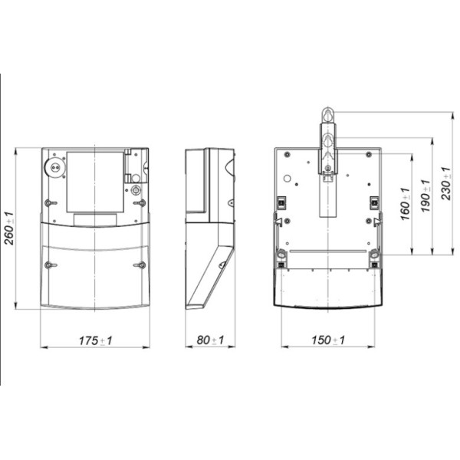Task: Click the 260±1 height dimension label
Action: point(9,228)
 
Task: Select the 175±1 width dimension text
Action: point(95,340)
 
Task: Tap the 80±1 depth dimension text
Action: point(210,340)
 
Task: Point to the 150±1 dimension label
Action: point(328,340)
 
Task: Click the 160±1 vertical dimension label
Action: point(405,204)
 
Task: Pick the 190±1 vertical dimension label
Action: point(426,195)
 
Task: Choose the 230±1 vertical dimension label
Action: point(446,183)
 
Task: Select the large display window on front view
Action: point(95,182)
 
